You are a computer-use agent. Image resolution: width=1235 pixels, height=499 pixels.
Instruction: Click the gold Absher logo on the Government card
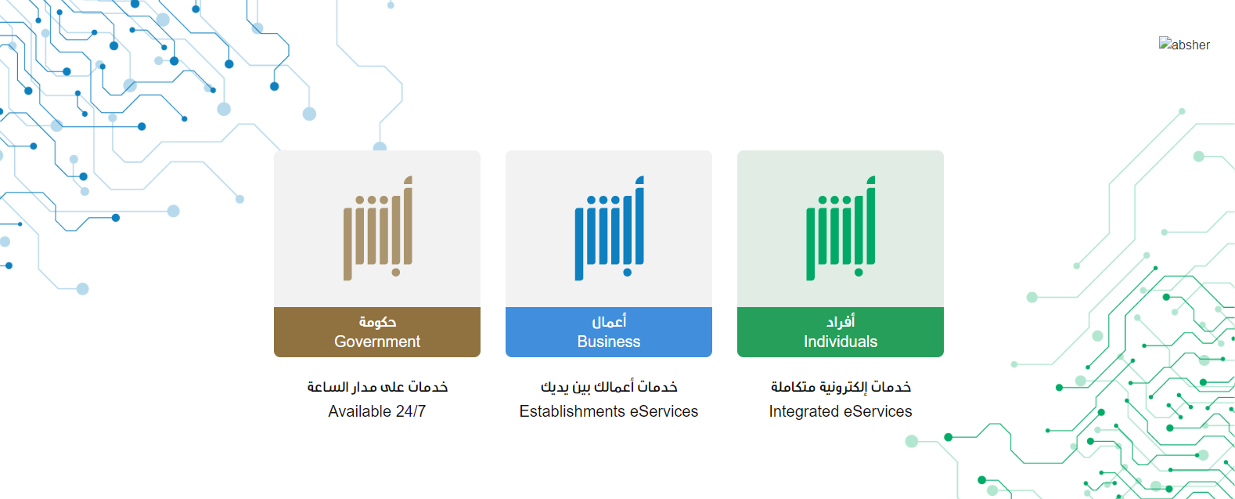pyautogui.click(x=378, y=228)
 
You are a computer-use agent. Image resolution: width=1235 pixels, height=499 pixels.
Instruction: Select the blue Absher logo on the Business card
pyautogui.click(x=609, y=228)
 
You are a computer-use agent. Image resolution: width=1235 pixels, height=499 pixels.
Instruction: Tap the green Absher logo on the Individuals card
pyautogui.click(x=841, y=228)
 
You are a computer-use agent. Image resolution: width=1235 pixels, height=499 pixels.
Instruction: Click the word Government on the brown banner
pyautogui.click(x=377, y=342)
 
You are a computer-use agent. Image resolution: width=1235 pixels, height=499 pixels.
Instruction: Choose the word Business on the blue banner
pyautogui.click(x=609, y=342)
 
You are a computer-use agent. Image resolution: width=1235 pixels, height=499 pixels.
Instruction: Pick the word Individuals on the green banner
pyautogui.click(x=841, y=342)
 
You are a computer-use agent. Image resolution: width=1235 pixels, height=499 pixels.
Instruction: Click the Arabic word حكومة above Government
pyautogui.click(x=378, y=321)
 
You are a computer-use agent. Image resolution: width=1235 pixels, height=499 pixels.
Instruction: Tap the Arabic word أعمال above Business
pyautogui.click(x=609, y=321)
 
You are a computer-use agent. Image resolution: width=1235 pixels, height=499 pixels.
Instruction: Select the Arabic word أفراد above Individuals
pyautogui.click(x=841, y=321)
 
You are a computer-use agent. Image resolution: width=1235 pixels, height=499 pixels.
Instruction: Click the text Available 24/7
pyautogui.click(x=377, y=411)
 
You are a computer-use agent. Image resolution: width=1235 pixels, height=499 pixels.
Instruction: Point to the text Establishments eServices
pyautogui.click(x=609, y=411)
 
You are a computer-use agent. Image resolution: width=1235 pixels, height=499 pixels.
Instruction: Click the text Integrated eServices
pyautogui.click(x=841, y=411)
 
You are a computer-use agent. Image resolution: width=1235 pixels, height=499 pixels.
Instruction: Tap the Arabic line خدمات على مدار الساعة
pyautogui.click(x=378, y=387)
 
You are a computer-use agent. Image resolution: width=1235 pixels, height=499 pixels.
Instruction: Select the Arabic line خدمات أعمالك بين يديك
pyautogui.click(x=609, y=387)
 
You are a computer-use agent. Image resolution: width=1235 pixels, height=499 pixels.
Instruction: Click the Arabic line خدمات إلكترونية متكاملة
pyautogui.click(x=841, y=387)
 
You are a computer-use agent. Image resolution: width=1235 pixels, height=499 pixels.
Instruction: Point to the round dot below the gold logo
pyautogui.click(x=395, y=272)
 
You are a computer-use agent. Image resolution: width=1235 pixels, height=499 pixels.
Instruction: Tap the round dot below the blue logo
pyautogui.click(x=627, y=272)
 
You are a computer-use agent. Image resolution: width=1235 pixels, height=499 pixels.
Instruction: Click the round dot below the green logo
pyautogui.click(x=859, y=272)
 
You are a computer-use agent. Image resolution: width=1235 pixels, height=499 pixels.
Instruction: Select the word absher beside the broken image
pyautogui.click(x=1191, y=45)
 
